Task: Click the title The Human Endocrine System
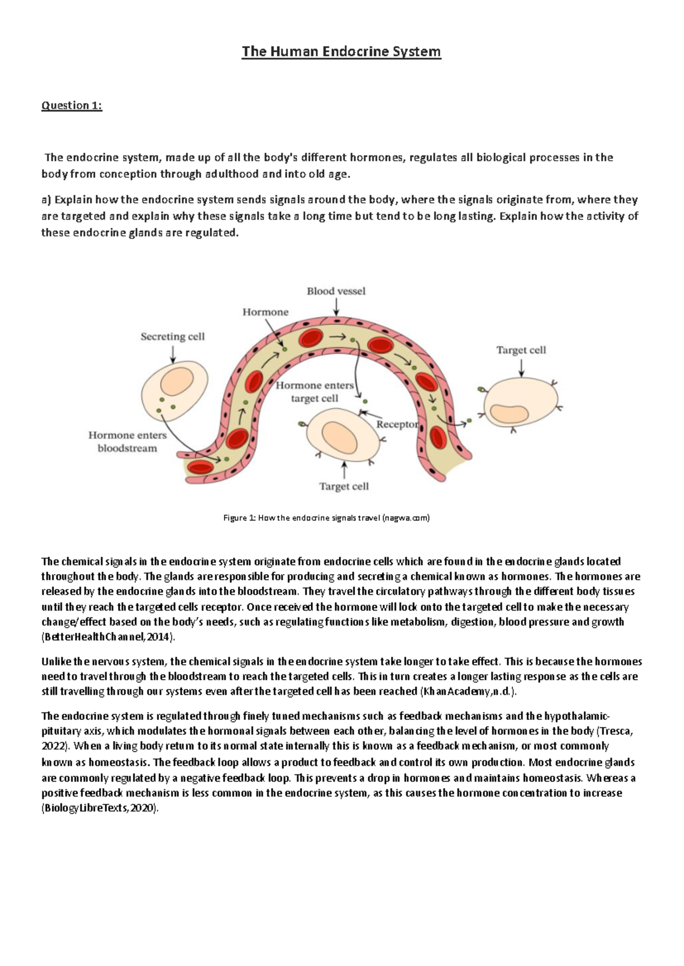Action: [x=341, y=52]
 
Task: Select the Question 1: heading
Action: [x=72, y=105]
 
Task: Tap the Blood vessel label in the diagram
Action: [x=336, y=291]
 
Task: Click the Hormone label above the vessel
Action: [x=266, y=312]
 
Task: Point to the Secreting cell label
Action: [x=172, y=337]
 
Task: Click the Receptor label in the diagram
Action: [x=397, y=424]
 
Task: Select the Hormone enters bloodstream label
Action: [x=127, y=442]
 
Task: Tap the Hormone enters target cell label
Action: [x=315, y=392]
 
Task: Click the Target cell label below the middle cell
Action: [x=344, y=486]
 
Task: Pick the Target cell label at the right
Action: [x=521, y=350]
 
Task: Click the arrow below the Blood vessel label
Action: [x=336, y=307]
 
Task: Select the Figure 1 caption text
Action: [x=326, y=518]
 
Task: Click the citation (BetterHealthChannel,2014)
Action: [x=106, y=637]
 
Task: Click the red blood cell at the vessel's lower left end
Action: [x=201, y=468]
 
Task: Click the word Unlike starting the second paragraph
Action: [x=56, y=662]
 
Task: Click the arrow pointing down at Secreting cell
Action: [x=173, y=354]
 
